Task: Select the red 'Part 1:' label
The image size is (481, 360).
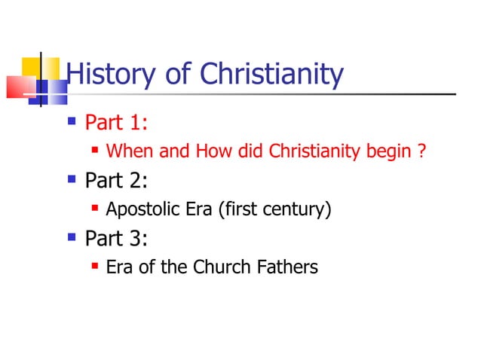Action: [x=116, y=122]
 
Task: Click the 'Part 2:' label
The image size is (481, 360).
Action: [x=116, y=181]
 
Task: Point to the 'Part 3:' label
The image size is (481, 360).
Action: [x=116, y=239]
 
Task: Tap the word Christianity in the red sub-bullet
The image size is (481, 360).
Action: [x=297, y=151]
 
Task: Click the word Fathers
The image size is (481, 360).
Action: [x=287, y=267]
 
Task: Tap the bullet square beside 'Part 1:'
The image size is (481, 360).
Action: [x=72, y=120]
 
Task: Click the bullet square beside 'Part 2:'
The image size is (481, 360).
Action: [x=72, y=178]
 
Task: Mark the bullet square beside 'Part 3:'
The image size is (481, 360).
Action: [x=72, y=236]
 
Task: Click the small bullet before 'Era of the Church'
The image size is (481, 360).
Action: [x=96, y=265]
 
